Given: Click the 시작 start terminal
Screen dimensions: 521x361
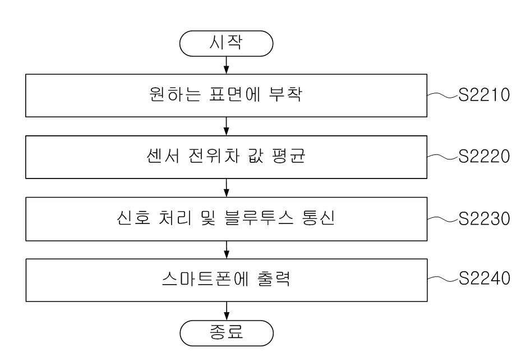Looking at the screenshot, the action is tap(226, 43).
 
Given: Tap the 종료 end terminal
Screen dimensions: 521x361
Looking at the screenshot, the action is tap(227, 333).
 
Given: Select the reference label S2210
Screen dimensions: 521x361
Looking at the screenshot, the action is tap(484, 94).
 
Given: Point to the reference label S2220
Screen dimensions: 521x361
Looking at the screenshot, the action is tap(484, 156).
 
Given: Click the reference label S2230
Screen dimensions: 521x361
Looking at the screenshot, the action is tap(484, 218).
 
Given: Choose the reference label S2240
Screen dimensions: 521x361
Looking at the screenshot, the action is tap(484, 278).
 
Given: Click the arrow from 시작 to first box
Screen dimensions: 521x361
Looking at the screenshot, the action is tap(226, 65).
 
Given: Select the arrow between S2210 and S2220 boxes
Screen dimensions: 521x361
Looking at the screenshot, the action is tap(226, 126).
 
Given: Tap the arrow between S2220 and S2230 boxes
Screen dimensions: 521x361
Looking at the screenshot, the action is tap(226, 188).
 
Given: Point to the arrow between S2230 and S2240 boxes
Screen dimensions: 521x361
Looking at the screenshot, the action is tap(226, 250).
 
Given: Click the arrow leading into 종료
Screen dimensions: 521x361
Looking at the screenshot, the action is tap(226, 311).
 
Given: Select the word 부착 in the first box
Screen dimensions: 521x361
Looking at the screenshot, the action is tap(285, 94).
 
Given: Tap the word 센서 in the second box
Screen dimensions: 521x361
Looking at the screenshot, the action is tap(163, 156).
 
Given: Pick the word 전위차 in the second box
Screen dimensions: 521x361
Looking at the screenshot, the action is tap(214, 156).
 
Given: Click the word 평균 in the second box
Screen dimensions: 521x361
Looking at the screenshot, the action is tap(288, 156).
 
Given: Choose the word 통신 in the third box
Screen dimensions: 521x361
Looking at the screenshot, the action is tap(319, 218).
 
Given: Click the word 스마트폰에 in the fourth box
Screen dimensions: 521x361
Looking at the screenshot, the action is tap(205, 279).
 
